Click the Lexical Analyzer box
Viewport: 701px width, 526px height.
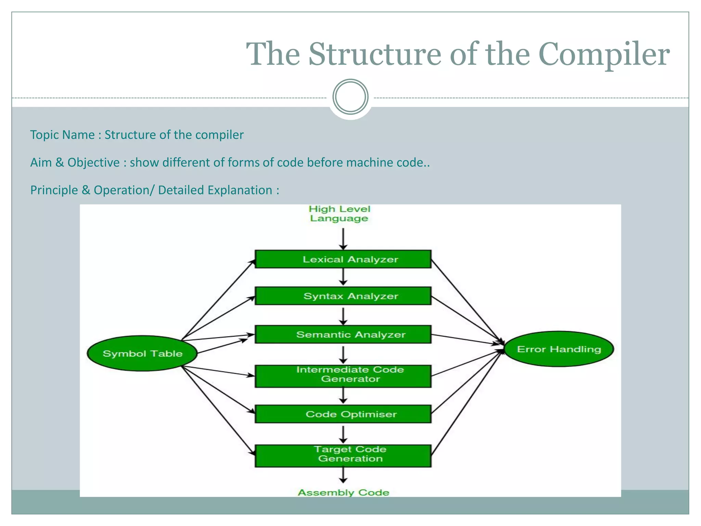(x=343, y=259)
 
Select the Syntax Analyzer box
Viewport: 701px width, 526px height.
(x=343, y=296)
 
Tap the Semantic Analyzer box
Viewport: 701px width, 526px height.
(x=343, y=334)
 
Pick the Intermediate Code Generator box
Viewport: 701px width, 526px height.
(x=343, y=376)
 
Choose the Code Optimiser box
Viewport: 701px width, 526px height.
(x=343, y=414)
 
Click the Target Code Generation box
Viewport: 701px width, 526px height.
(x=343, y=455)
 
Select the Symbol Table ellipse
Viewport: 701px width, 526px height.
(x=142, y=353)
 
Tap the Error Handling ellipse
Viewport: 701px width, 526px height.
(x=559, y=349)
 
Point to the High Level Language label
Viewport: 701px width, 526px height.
(x=339, y=214)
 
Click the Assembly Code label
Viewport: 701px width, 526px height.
(x=343, y=492)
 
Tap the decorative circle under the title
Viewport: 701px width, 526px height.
(x=350, y=97)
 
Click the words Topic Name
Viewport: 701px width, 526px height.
(x=62, y=135)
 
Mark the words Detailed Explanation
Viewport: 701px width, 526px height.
(x=215, y=190)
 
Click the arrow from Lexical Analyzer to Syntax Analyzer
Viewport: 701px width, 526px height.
(x=343, y=277)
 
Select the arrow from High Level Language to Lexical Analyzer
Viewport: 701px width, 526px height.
(x=343, y=239)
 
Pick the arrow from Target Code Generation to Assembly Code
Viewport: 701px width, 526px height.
(x=343, y=475)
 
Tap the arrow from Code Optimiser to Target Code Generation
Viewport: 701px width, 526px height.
(x=343, y=434)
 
